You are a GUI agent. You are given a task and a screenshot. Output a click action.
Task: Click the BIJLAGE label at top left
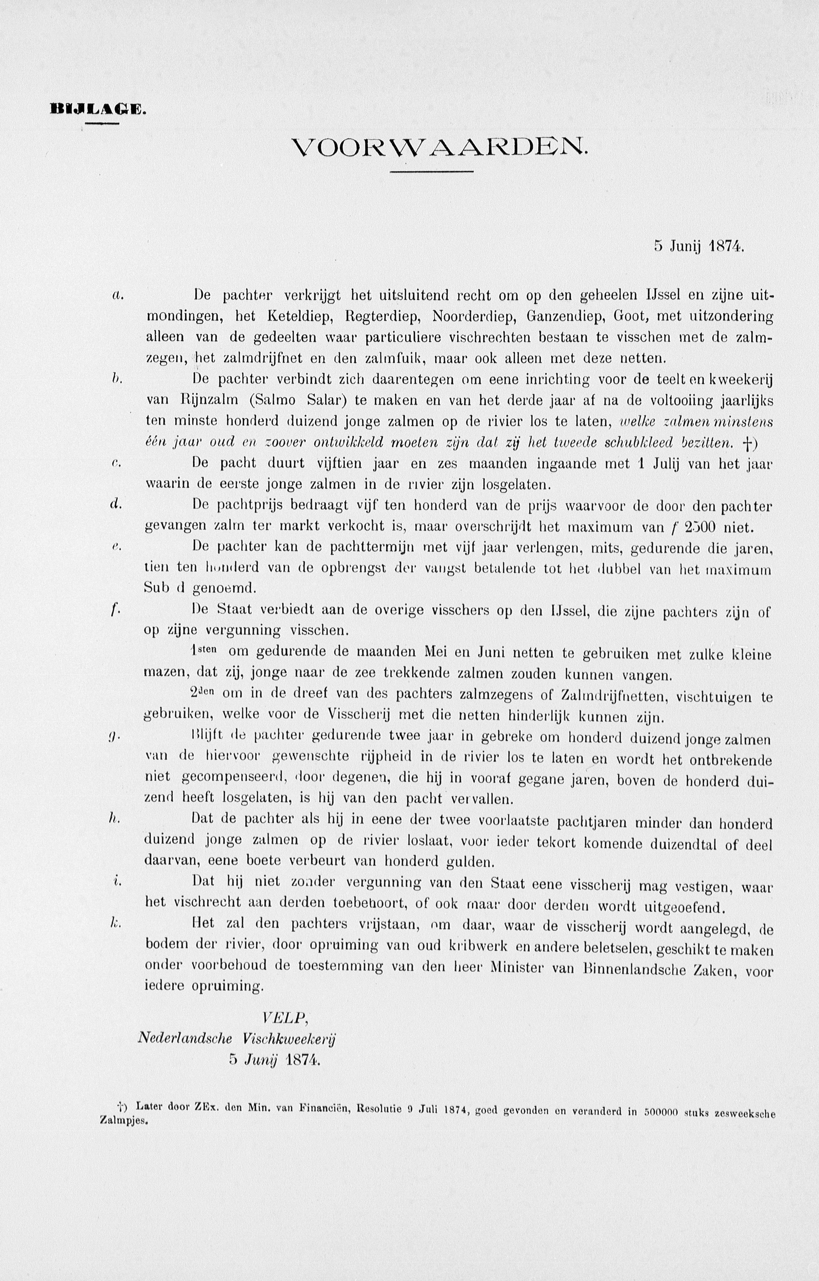point(97,110)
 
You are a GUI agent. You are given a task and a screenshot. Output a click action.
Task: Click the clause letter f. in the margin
point(113,611)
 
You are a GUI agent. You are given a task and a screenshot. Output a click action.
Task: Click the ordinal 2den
point(203,694)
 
